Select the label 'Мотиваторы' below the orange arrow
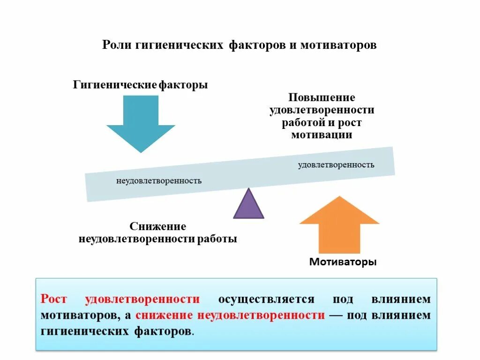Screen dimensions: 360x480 click(343, 262)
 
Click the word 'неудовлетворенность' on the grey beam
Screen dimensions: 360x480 click(159, 180)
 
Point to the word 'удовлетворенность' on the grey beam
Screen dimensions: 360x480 click(336, 165)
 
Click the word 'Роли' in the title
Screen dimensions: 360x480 click(118, 46)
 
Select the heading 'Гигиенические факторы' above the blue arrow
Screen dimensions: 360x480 click(140, 85)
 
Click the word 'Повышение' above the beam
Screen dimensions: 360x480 click(322, 97)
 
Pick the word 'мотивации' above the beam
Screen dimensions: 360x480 click(322, 135)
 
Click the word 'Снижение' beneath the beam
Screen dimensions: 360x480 click(158, 227)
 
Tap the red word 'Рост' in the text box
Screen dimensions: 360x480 click(54, 299)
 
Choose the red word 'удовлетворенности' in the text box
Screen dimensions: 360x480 click(142, 299)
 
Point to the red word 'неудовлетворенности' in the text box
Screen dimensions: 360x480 click(261, 315)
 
